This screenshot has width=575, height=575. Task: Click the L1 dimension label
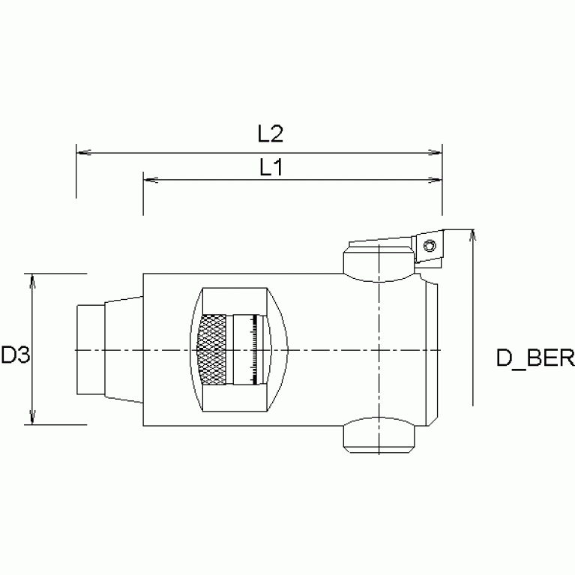[x=270, y=167]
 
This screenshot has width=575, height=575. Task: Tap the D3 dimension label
[x=14, y=355]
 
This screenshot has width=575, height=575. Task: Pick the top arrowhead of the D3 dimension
[x=32, y=280]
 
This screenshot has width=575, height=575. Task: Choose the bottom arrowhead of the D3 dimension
[x=32, y=419]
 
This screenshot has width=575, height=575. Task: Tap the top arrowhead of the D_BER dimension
[x=472, y=235]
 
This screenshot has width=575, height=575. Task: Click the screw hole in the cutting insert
[x=430, y=246]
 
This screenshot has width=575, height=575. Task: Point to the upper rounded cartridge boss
[x=379, y=267]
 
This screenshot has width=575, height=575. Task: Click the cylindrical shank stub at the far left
[x=89, y=350]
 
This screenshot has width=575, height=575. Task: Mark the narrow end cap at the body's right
[x=432, y=350]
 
